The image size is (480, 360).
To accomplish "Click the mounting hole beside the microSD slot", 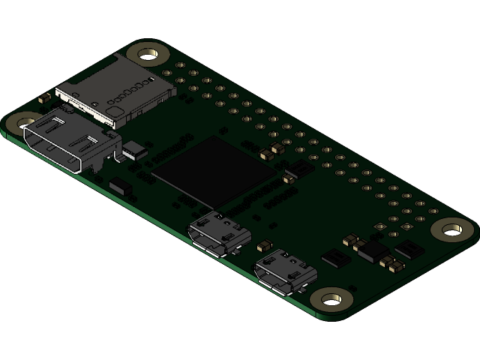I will click(x=148, y=54).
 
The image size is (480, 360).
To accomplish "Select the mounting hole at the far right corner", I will click(x=453, y=229).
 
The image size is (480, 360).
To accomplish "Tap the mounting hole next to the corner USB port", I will click(x=331, y=300).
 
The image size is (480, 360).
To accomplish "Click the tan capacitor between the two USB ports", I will click(x=264, y=245).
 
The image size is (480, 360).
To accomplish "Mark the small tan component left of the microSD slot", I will click(x=44, y=97).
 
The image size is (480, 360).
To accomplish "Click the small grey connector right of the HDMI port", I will click(x=134, y=149).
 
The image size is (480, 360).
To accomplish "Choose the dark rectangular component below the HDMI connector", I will click(x=121, y=187).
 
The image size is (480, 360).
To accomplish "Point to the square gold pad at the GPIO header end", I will click(x=392, y=220).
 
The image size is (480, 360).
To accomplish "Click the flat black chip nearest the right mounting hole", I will click(x=409, y=249).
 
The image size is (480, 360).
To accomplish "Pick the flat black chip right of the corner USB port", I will click(x=336, y=259).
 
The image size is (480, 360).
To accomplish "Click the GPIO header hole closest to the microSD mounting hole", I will click(x=180, y=66).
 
